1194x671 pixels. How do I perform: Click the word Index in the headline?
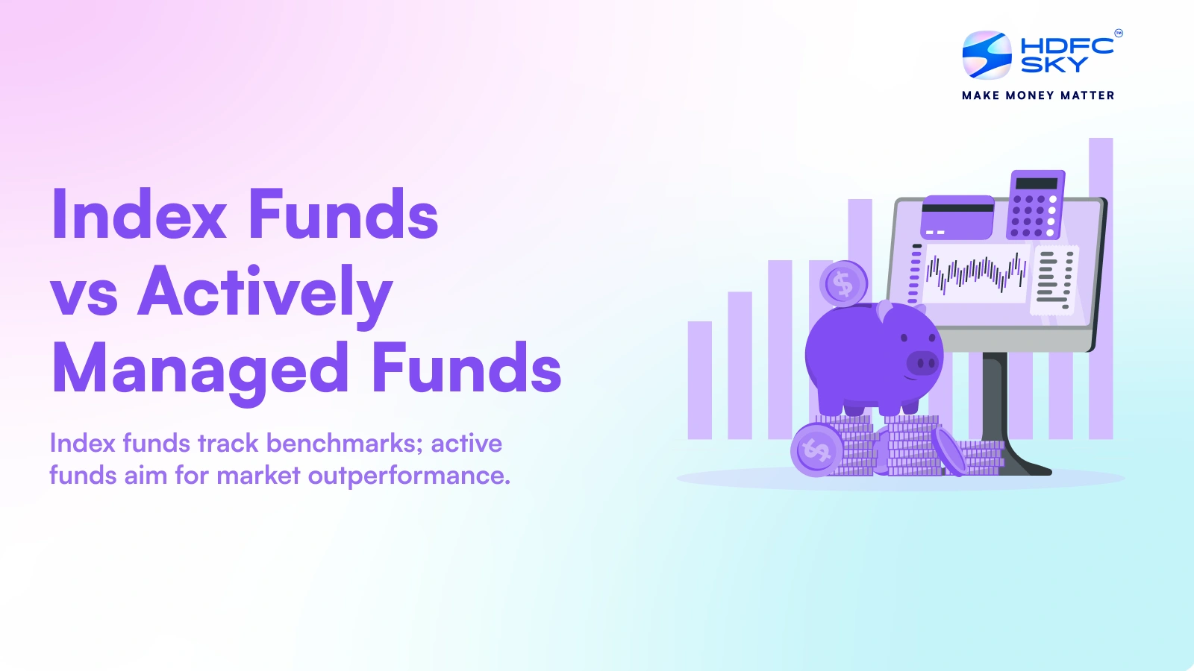point(139,215)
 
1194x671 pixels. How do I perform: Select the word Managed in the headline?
point(200,369)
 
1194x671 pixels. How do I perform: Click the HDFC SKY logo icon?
point(987,54)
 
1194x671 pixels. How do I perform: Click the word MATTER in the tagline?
point(1087,95)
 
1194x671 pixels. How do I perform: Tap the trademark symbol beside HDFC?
point(1118,33)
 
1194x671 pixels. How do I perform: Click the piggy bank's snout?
point(923,363)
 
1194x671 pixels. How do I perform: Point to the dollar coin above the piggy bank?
point(843,284)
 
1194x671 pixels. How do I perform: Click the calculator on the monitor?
point(1036,205)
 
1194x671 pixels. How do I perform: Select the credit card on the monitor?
point(957,216)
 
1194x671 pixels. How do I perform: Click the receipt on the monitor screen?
point(1054,280)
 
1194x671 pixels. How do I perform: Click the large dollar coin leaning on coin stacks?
point(816,450)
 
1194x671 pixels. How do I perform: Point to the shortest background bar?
point(700,379)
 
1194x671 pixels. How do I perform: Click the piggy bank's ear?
point(885,309)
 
